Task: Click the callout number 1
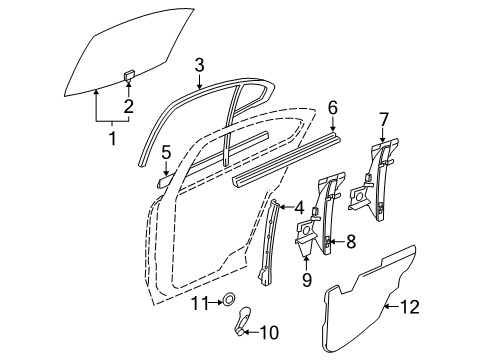coord(113,136)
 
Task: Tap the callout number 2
coord(129,106)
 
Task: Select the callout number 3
coord(200,65)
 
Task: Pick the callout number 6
coord(333,106)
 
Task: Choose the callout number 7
coord(383,120)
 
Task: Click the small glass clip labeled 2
coord(129,74)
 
